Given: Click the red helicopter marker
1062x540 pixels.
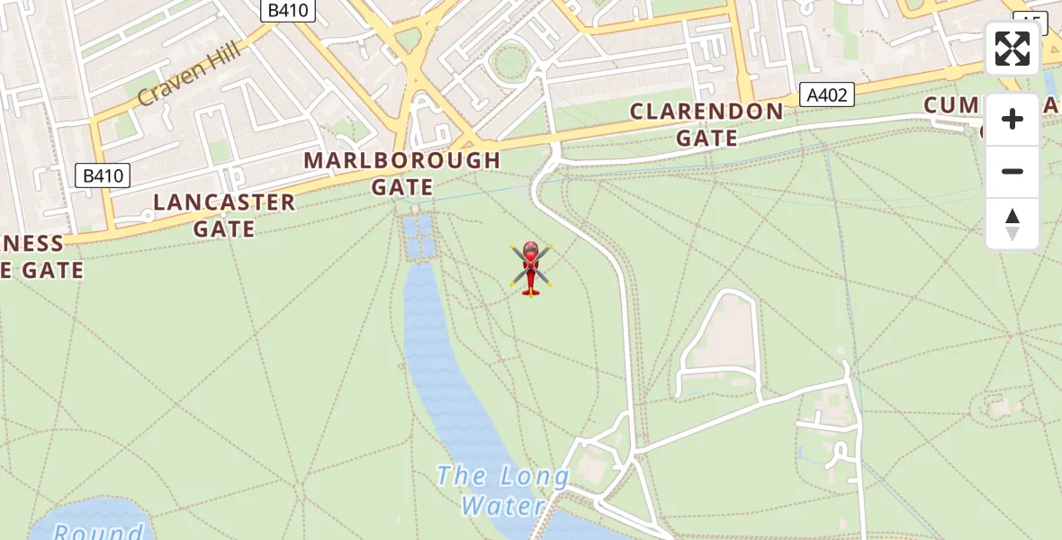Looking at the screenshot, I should click(531, 267).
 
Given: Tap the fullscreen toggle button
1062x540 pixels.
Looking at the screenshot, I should click(1012, 49).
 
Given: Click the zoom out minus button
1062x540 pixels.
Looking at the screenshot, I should click(1012, 171).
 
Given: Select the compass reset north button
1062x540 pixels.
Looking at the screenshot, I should click(1012, 224).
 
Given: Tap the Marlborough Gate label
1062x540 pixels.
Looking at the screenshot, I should click(402, 174).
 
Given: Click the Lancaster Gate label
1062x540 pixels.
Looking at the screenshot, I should click(224, 215).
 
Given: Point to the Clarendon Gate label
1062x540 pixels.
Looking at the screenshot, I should click(706, 124).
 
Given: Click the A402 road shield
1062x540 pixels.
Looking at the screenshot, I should click(826, 94).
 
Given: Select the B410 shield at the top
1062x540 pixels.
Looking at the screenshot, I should click(287, 11).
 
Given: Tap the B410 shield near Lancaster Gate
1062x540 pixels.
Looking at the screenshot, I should click(102, 175).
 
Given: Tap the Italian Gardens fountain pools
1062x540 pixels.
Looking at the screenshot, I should click(417, 237).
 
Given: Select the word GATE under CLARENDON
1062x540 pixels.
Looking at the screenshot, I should click(706, 139).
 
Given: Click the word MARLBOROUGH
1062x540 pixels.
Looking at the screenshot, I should click(402, 160).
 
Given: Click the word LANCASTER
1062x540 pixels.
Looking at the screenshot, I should click(224, 202).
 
